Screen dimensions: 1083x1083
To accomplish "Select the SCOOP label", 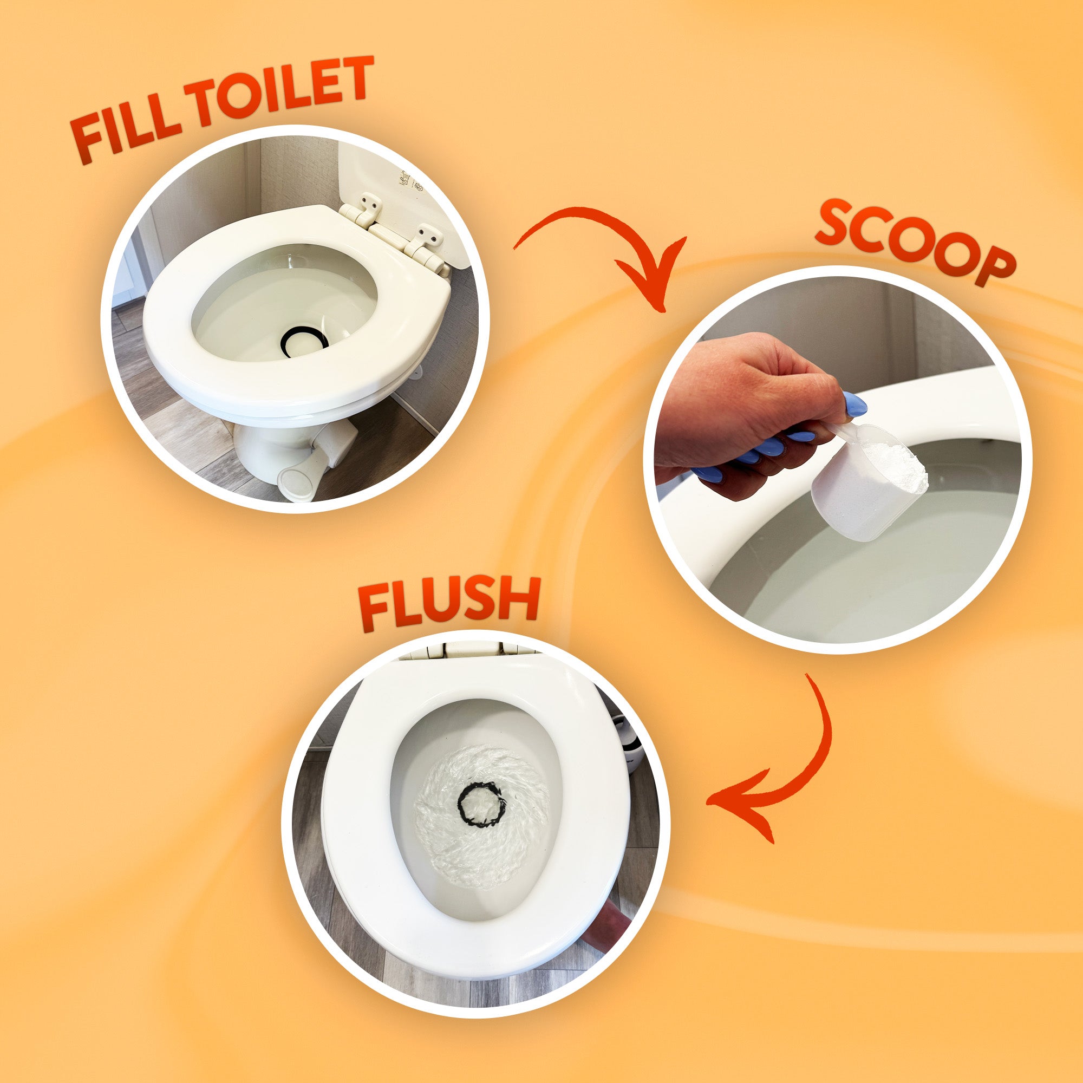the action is [914, 242].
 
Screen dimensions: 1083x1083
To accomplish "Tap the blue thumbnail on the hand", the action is [855, 404].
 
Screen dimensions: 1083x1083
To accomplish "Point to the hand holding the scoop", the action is [751, 415].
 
